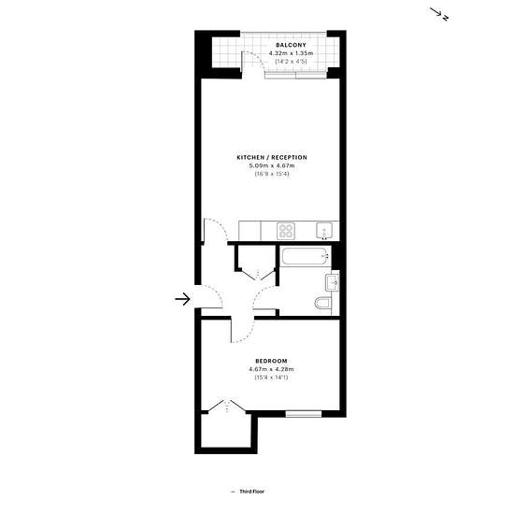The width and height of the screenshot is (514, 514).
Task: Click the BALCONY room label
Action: click(x=291, y=45)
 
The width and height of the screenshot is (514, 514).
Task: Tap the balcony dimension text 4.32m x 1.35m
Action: click(x=291, y=53)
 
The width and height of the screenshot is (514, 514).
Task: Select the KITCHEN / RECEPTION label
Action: click(x=272, y=157)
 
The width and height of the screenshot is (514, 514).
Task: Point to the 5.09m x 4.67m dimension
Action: click(x=272, y=165)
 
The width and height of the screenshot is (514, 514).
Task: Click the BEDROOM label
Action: click(x=271, y=361)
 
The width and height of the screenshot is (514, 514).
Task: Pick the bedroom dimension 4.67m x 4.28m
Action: click(x=271, y=369)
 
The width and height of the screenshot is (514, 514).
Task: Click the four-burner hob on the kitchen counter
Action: click(x=286, y=231)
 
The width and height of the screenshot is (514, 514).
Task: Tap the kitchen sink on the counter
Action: click(x=324, y=231)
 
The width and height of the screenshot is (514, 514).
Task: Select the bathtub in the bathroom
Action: click(x=306, y=257)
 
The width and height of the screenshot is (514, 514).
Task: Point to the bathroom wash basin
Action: click(x=332, y=282)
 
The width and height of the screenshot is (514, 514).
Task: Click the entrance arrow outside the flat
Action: click(x=182, y=299)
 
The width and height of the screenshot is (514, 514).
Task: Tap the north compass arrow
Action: click(x=437, y=12)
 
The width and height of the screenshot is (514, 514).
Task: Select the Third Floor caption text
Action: click(x=251, y=491)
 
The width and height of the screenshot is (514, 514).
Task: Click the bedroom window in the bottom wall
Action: click(x=304, y=414)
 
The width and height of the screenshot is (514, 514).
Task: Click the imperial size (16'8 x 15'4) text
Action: click(x=272, y=174)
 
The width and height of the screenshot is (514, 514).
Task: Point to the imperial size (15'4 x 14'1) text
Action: click(x=271, y=378)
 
